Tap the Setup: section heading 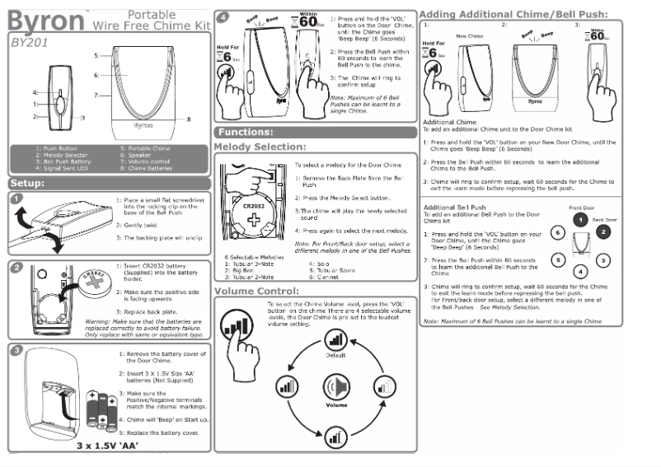(32, 183)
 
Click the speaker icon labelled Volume (336, 386)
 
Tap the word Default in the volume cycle (335, 355)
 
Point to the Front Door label (582, 209)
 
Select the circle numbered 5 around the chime (558, 259)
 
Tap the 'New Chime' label (469, 36)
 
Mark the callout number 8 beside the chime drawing (188, 120)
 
